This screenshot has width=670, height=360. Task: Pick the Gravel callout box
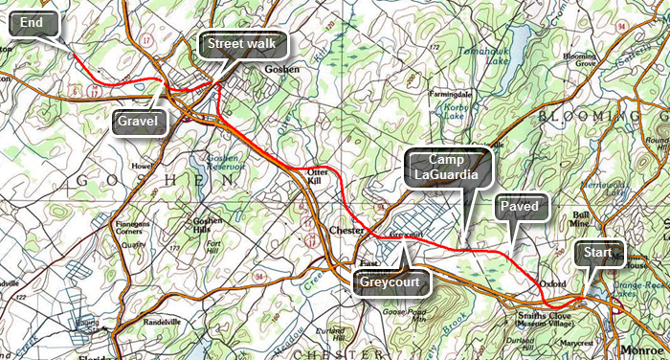[138, 121]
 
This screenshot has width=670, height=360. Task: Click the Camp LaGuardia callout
[447, 167]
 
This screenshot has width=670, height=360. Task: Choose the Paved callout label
[522, 207]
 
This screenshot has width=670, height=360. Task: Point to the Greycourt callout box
[393, 282]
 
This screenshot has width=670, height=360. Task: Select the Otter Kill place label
[316, 175]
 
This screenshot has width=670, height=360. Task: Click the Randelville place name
[163, 321]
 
